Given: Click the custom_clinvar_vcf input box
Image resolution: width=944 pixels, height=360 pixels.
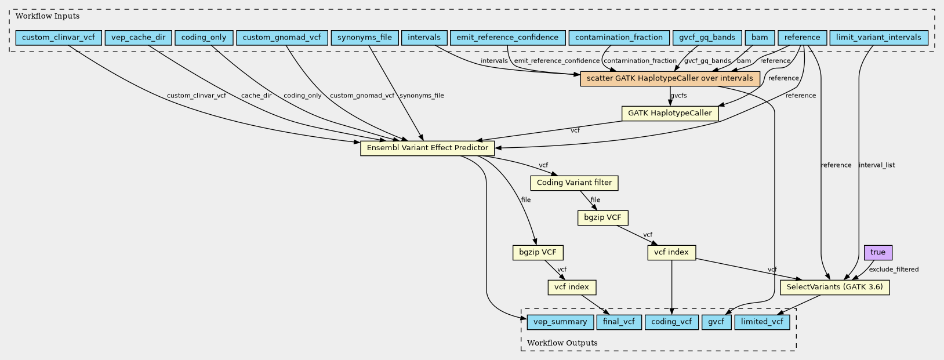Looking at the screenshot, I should (x=59, y=38).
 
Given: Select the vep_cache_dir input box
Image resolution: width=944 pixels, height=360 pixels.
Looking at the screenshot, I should (x=138, y=38).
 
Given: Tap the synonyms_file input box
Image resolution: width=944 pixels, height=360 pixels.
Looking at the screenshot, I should (x=364, y=38).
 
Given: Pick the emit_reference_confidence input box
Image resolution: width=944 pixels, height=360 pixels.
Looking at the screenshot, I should (x=507, y=38).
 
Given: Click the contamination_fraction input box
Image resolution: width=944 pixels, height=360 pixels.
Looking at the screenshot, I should (x=619, y=38).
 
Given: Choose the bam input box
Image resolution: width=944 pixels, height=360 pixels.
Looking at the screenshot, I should (x=759, y=38).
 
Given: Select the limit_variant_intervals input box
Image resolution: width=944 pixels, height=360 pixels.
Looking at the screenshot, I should (x=878, y=38).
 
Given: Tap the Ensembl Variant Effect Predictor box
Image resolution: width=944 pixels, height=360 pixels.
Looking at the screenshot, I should (x=427, y=148).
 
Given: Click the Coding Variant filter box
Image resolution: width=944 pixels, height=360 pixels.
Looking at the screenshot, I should (x=574, y=183).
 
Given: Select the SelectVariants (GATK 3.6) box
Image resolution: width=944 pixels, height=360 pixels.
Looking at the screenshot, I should (x=835, y=288).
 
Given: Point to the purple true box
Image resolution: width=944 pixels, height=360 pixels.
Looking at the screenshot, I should (x=878, y=253).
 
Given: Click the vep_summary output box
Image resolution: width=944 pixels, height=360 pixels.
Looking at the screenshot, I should (x=560, y=322).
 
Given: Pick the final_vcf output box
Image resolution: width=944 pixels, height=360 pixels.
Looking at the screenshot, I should (x=619, y=322).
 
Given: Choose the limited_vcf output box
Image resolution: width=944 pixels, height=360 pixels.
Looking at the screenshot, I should (x=762, y=322).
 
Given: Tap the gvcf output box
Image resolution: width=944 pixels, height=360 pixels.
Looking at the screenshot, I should (x=717, y=322).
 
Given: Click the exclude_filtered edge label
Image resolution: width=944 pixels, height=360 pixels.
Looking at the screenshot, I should (x=894, y=270).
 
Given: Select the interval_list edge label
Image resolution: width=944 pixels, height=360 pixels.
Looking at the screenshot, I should (x=877, y=165).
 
